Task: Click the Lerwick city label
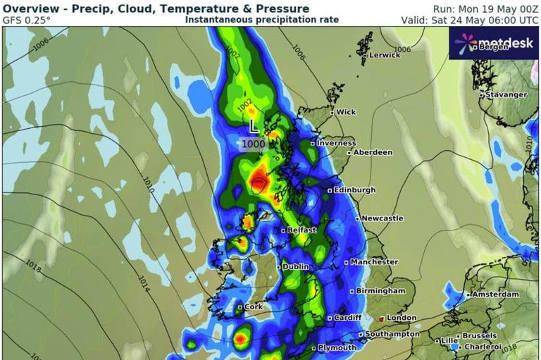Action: (385, 55)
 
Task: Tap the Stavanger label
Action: (505, 94)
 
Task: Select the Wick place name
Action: (346, 112)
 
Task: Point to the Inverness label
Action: (336, 143)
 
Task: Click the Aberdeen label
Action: (373, 152)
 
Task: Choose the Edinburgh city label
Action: (355, 190)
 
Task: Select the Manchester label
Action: (375, 262)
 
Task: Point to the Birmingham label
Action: (380, 291)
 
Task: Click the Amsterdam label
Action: (496, 294)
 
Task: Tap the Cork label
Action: (254, 307)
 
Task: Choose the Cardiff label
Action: (348, 318)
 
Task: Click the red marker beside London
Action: (383, 318)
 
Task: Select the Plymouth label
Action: (337, 348)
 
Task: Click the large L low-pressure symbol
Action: (254, 127)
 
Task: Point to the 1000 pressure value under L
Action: (254, 144)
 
